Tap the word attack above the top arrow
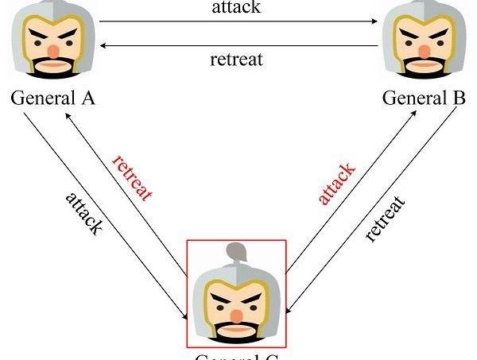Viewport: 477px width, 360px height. pos(238,8)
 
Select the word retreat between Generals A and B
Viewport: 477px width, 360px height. pos(236,59)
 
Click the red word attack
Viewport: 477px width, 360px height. pos(336,184)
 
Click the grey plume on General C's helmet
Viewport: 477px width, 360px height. pos(235,254)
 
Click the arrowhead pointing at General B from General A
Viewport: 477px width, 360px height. pos(374,22)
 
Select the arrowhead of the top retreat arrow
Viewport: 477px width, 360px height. pos(103,46)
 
